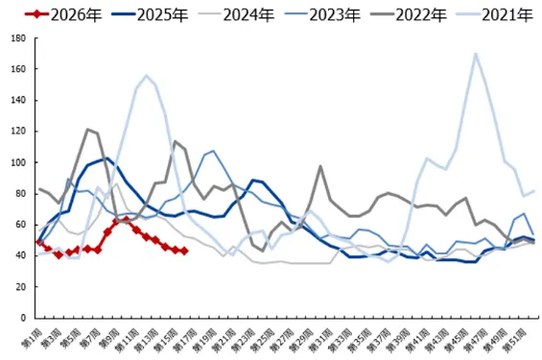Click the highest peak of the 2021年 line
(476, 54)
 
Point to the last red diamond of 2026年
(185, 251)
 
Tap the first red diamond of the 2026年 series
(38, 242)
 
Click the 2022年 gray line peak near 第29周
(320, 166)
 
